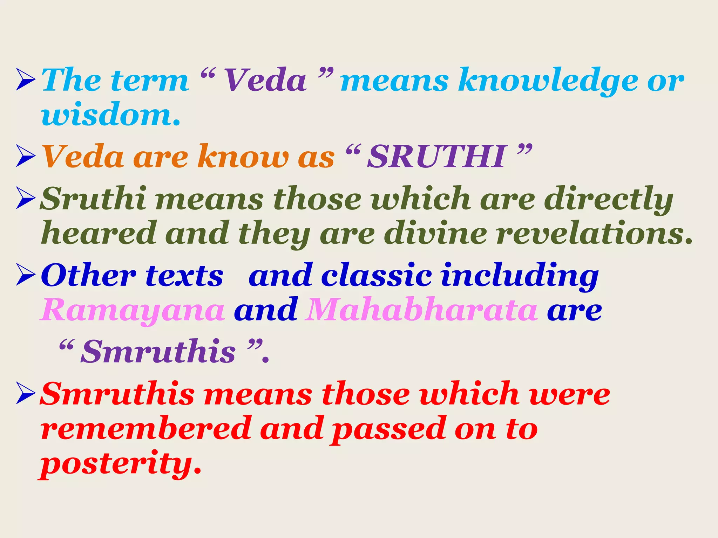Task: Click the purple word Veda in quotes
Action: point(265,81)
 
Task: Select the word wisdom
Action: point(110,115)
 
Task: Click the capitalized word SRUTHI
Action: point(437,157)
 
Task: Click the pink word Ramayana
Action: point(133,310)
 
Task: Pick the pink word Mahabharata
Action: point(421,310)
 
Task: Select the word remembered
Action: point(146,429)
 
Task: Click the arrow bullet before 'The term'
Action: point(26,80)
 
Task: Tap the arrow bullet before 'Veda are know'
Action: point(26,157)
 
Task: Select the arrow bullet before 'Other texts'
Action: point(26,275)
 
